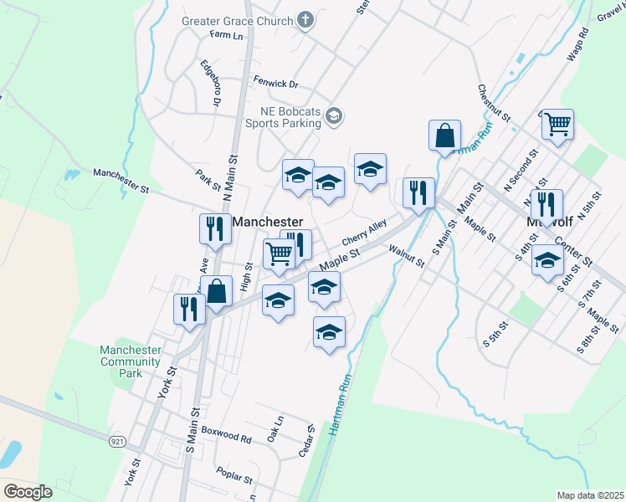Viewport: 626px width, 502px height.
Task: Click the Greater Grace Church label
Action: (x=238, y=21)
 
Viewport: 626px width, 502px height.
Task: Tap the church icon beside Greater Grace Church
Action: (x=305, y=21)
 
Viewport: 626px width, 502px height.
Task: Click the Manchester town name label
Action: (x=267, y=222)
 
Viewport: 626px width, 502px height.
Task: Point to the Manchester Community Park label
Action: (x=130, y=361)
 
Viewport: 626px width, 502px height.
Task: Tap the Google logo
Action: (x=27, y=492)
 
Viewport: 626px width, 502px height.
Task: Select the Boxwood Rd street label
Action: (x=226, y=438)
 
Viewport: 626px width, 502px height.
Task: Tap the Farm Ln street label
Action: (x=226, y=36)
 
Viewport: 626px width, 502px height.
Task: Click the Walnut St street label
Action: (x=407, y=255)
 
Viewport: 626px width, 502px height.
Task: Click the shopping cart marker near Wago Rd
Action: (x=557, y=125)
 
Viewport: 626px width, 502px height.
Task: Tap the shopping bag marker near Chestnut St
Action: (x=445, y=136)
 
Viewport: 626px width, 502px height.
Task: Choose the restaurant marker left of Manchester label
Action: (x=214, y=229)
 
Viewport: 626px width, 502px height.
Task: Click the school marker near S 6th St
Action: (x=547, y=262)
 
